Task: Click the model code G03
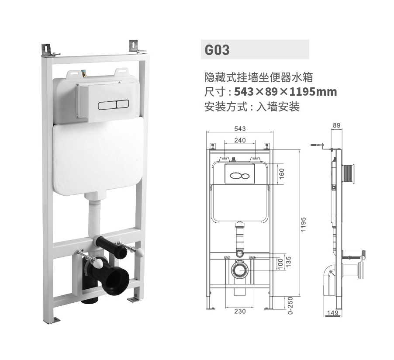pos(217,50)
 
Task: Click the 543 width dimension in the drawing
pos(240,129)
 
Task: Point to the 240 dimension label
pos(240,140)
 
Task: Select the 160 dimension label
pos(281,174)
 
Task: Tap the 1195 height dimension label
pos(303,225)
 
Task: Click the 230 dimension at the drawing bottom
pos(240,311)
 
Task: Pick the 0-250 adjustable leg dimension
pos(290,305)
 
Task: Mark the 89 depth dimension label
pos(336,125)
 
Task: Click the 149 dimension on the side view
pos(333,313)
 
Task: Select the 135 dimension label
pos(288,262)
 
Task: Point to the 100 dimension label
pos(281,264)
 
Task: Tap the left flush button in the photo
pos(107,106)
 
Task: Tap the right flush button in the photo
pos(123,104)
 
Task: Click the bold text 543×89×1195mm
pos(285,91)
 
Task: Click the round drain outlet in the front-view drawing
pos(240,270)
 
